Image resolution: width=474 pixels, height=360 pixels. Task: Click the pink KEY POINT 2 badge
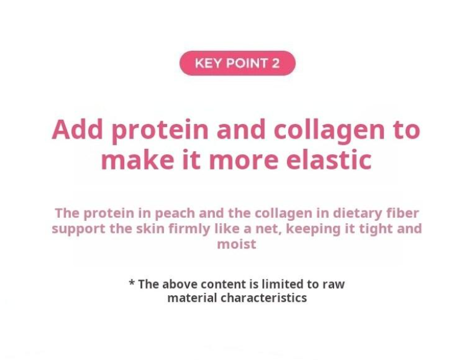(237, 63)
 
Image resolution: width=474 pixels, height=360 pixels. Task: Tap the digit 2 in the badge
(275, 64)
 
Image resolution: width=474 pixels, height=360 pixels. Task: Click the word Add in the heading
(77, 129)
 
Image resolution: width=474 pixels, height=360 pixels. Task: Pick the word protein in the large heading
(160, 131)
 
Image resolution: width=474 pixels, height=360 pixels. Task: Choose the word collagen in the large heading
(329, 131)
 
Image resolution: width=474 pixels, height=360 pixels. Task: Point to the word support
(78, 229)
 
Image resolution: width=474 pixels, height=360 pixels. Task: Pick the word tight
(374, 229)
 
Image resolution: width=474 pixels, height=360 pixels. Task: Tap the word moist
(237, 244)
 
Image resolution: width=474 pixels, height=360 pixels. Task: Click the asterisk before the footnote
(132, 283)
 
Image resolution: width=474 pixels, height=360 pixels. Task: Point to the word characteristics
(263, 298)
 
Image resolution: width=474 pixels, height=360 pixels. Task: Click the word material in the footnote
(193, 298)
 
